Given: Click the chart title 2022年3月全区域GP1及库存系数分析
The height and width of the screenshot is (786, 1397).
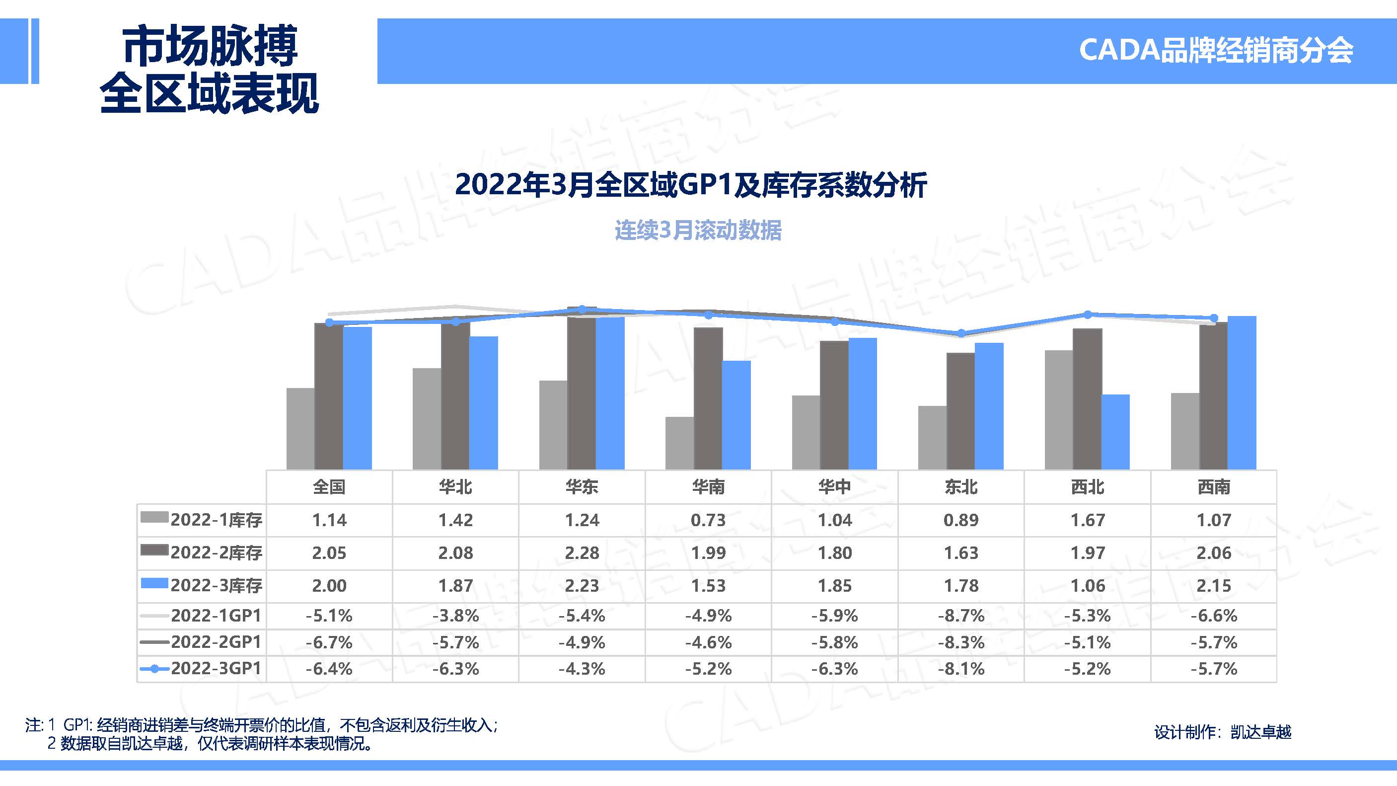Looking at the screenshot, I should coord(690,185).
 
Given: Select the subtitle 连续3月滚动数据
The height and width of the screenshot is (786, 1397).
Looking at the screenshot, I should coord(698,231).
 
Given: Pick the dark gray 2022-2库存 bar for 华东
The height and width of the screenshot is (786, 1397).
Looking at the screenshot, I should coord(582,393).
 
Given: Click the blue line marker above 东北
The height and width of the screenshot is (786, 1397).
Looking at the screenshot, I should coord(961,333).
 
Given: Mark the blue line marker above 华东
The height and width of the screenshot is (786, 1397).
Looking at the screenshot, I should coord(582,309).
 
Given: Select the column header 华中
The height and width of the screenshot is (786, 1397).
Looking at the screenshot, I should coord(835,486).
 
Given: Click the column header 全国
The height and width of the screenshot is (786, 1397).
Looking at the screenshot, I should coord(329,486).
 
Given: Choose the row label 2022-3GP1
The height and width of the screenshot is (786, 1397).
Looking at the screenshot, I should coord(216,668).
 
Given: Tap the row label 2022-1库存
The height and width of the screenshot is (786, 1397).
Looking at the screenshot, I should coord(216,520).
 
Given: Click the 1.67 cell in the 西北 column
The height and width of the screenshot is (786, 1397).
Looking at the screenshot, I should coord(1087,520).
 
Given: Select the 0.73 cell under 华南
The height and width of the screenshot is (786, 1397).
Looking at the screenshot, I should coord(708,520).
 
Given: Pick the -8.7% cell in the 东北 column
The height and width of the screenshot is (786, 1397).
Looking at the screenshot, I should coord(961,616).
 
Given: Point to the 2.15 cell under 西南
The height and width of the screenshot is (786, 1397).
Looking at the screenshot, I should coord(1214,585).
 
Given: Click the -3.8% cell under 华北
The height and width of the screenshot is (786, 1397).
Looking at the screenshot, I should coord(455,616).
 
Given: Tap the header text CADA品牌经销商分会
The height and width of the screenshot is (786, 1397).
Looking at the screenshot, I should coord(1216,51).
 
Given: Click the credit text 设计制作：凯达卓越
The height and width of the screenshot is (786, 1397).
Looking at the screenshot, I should coord(1222,732).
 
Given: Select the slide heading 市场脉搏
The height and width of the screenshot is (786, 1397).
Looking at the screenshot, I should coord(210,46).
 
